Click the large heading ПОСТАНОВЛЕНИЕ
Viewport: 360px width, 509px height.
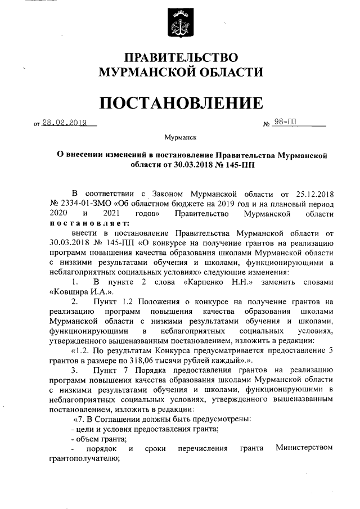[x=181, y=103]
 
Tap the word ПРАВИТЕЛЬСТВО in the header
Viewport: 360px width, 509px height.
[x=181, y=57]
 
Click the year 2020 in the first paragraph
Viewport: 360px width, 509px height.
[x=58, y=214]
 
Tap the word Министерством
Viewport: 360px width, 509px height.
[x=304, y=448]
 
